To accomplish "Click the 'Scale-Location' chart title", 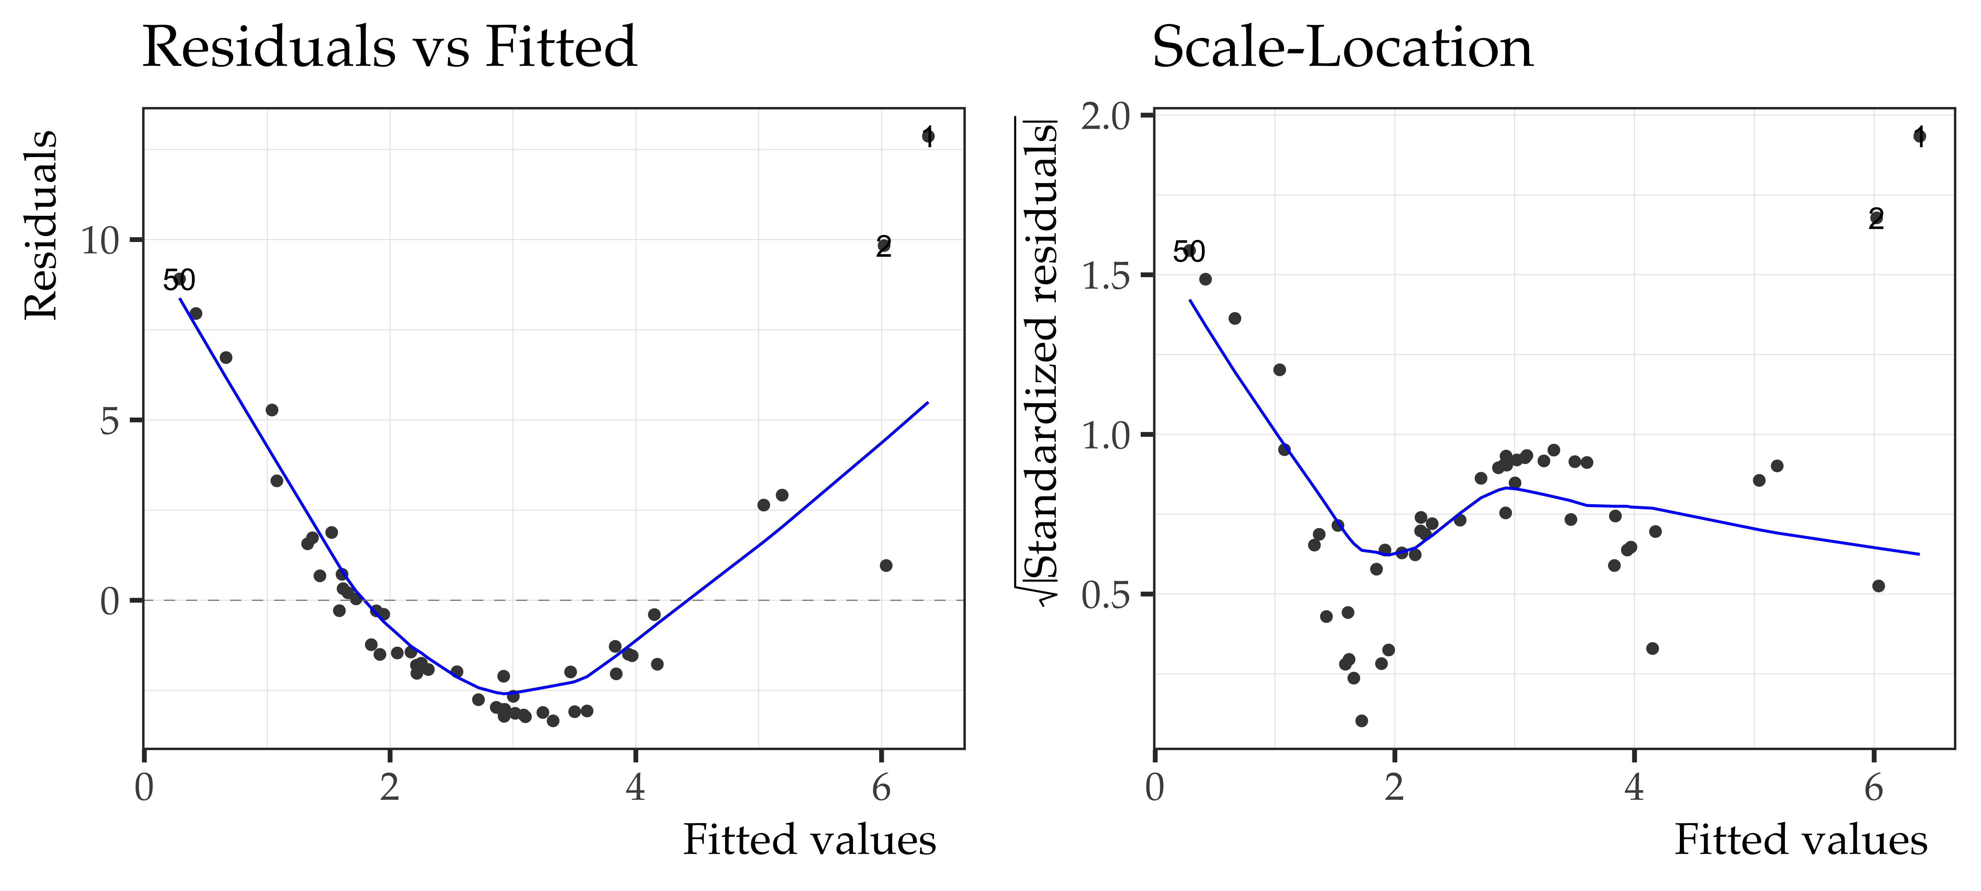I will pyautogui.click(x=1342, y=48).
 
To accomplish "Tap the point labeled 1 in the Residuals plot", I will pyautogui.click(x=928, y=136).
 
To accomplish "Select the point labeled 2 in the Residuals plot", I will pyautogui.click(x=884, y=246).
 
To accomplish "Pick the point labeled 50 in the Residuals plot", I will pyautogui.click(x=178, y=279).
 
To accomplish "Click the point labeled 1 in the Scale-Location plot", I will pyautogui.click(x=1919, y=136).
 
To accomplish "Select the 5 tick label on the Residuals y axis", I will pyautogui.click(x=109, y=421).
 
